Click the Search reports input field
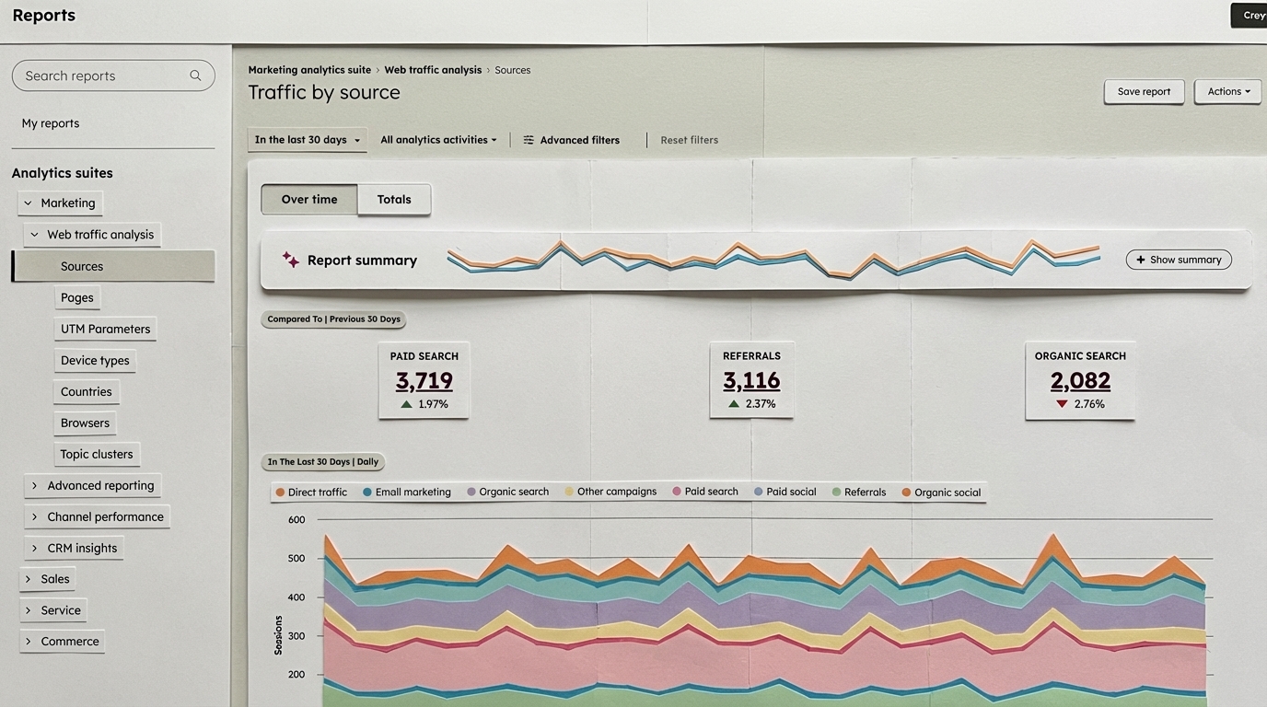click(x=106, y=75)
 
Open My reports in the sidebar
click(x=51, y=123)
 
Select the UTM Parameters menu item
click(x=105, y=329)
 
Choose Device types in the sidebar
click(x=95, y=360)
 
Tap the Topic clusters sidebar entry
click(x=97, y=454)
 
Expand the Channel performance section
click(x=104, y=516)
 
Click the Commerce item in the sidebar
click(x=69, y=641)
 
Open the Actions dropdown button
click(x=1227, y=91)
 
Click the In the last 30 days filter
click(x=307, y=140)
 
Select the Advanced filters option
click(x=571, y=140)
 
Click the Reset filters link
click(x=689, y=140)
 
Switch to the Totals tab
click(x=394, y=199)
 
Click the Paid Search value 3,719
click(x=424, y=380)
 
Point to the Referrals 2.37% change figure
click(x=760, y=404)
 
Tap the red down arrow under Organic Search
click(x=1062, y=404)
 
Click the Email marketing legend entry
click(x=413, y=492)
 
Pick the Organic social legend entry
click(x=947, y=493)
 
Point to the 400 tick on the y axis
click(x=296, y=597)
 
